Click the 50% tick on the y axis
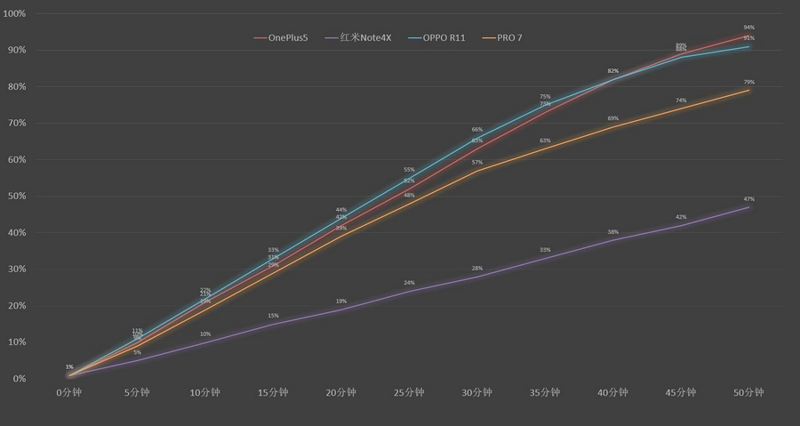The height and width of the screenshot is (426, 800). coord(15,197)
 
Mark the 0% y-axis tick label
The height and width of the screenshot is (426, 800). coord(18,379)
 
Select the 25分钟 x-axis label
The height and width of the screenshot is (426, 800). coord(410,392)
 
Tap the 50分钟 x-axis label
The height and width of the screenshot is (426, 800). coord(749,392)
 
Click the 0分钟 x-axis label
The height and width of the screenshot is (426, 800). coord(69,392)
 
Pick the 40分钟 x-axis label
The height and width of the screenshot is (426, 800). coord(613,392)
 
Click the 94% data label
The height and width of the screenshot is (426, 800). coord(749,28)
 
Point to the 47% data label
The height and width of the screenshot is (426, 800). coord(749,199)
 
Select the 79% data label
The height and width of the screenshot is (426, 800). coord(749,82)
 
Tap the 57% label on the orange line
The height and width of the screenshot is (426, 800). coord(477,163)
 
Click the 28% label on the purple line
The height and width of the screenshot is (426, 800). coord(477,269)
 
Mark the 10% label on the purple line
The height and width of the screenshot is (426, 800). coord(205,334)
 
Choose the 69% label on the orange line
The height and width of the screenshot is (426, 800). coord(613,118)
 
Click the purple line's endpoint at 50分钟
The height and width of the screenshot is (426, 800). coord(749,207)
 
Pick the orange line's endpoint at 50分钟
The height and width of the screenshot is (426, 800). coord(749,90)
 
